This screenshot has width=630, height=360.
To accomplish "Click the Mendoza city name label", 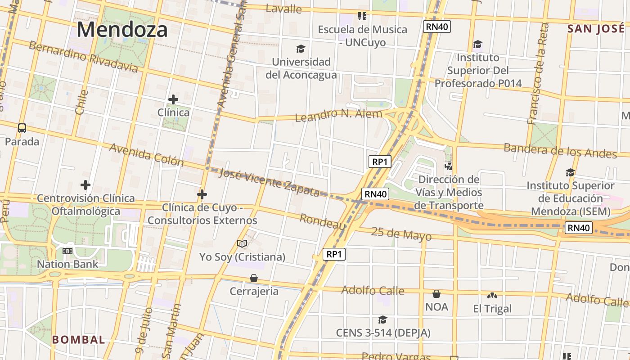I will [122, 30].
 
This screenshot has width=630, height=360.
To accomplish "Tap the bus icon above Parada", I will [22, 128].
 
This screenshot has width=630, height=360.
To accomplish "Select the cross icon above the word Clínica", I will [173, 99].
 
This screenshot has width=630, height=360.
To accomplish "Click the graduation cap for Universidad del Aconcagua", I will [301, 49].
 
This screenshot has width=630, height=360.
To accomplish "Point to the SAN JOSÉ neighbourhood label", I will [596, 29].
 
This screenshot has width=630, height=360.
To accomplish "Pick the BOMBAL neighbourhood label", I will [78, 340].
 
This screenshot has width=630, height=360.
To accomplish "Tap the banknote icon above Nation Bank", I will [67, 251].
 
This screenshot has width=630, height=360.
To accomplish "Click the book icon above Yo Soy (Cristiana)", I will [242, 244].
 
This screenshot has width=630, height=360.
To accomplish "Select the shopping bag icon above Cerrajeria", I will [254, 278].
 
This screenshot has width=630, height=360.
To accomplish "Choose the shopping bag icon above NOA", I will [436, 294].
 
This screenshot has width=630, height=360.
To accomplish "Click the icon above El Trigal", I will [492, 296].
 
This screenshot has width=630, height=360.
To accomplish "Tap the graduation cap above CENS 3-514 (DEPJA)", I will [382, 319].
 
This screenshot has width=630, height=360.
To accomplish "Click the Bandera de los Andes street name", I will [560, 150].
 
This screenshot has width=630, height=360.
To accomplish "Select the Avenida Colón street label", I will [146, 154].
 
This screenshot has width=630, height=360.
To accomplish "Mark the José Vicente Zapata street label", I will [269, 182].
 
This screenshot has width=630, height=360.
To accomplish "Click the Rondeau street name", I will [322, 221].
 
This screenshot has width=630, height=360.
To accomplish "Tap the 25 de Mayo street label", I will [401, 234].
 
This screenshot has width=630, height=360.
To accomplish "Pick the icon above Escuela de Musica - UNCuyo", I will [362, 17].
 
